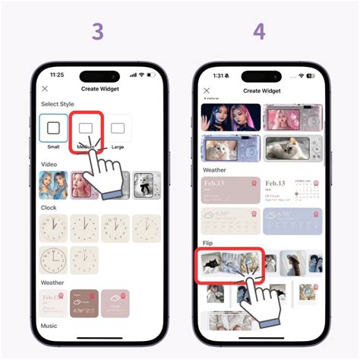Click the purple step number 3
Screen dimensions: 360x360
[x=98, y=32]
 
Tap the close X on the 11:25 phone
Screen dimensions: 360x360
[x=45, y=89]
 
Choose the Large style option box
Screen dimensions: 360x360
[x=118, y=128]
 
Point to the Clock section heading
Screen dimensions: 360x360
[x=48, y=207]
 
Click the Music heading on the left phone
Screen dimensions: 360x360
[x=49, y=325]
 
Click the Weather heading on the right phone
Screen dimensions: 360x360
[x=214, y=170]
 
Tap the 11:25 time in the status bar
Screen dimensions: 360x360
[x=56, y=75]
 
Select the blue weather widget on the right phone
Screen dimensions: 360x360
[x=292, y=222]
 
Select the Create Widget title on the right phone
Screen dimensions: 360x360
[x=261, y=90]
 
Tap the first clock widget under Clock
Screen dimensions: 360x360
[x=53, y=228]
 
